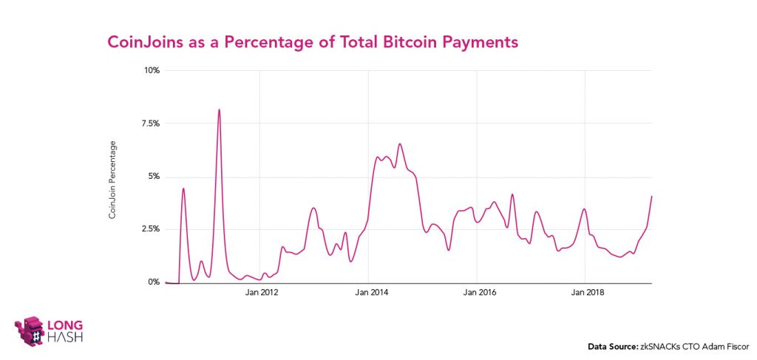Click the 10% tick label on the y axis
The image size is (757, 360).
152,71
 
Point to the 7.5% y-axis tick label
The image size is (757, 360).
150,123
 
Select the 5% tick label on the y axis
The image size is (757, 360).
154,177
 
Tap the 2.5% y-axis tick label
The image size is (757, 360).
150,229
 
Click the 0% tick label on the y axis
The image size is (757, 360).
154,282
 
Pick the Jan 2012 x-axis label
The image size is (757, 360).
262,293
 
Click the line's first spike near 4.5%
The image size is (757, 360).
183,189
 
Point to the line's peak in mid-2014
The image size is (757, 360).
400,144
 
